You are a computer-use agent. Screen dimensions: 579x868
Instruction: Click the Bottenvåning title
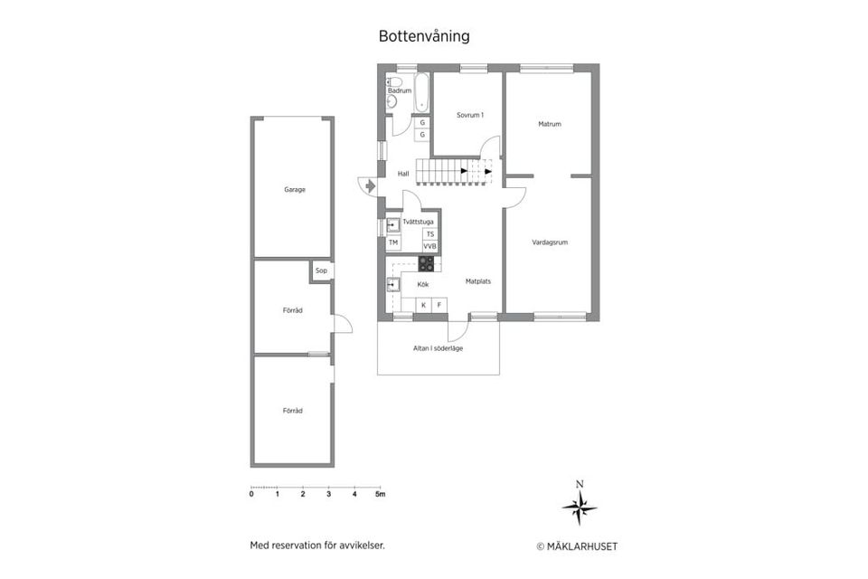tap(424, 37)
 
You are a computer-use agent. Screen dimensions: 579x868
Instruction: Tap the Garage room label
tap(295, 190)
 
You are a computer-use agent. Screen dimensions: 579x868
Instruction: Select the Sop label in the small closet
tap(321, 271)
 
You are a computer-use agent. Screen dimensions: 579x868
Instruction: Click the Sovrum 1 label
tap(470, 115)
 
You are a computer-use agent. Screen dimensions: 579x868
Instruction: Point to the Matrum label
tap(550, 124)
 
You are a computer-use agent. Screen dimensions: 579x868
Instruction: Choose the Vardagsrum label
tap(550, 242)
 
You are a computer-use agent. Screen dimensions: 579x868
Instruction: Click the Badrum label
tap(400, 90)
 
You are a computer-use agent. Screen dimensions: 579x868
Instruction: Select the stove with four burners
tap(426, 264)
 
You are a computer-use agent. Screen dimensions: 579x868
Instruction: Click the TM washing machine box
tap(393, 242)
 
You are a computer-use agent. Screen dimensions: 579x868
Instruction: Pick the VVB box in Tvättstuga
tap(429, 246)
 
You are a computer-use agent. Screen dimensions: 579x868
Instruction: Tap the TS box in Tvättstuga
tap(429, 233)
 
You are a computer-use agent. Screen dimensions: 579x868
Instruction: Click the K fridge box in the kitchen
tap(423, 305)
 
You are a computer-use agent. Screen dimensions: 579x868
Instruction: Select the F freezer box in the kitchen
tap(439, 305)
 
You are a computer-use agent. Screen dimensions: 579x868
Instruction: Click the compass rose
tap(580, 508)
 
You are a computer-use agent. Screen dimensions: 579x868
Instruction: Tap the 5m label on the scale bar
tap(380, 495)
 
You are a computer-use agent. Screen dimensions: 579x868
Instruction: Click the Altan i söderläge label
tap(438, 348)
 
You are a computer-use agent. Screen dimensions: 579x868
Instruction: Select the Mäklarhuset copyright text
tap(577, 546)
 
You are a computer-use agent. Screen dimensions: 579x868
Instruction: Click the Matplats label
tap(477, 281)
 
